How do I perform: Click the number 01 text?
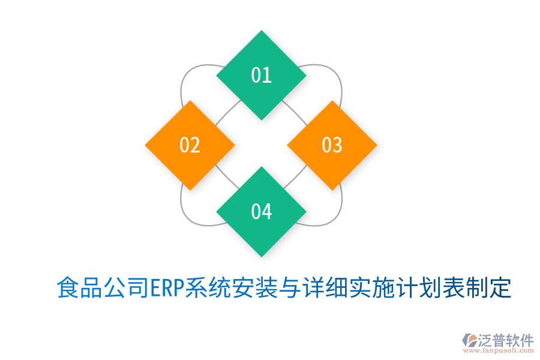coord(261,75)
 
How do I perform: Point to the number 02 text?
coord(190,145)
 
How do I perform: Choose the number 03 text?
coord(332,145)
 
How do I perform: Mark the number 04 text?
coord(261,212)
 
